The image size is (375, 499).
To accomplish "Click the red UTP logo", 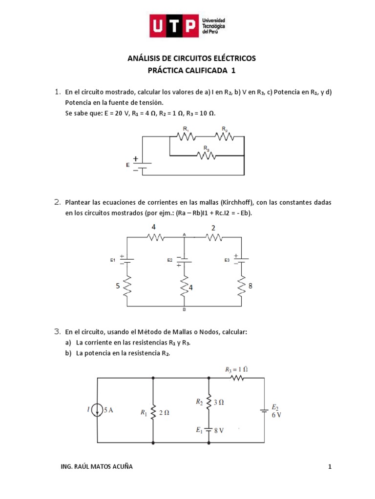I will [x=174, y=26].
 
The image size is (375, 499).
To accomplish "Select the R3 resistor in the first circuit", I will [x=206, y=155].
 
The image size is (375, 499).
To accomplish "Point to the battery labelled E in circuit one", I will [x=142, y=165].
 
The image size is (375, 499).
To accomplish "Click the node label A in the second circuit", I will [x=184, y=234].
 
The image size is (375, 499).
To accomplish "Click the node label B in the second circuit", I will [x=184, y=309].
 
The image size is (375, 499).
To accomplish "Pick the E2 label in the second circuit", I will [x=170, y=260].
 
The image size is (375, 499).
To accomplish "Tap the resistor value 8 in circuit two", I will [x=250, y=287].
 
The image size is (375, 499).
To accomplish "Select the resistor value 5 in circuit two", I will [x=118, y=287].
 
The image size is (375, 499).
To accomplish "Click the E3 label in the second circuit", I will [x=227, y=260].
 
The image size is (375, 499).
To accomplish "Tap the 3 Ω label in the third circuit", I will [x=218, y=402].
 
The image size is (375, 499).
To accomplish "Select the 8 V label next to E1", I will [x=218, y=430].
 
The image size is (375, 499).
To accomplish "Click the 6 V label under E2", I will [x=276, y=415].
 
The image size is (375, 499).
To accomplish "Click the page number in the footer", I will [x=330, y=467].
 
